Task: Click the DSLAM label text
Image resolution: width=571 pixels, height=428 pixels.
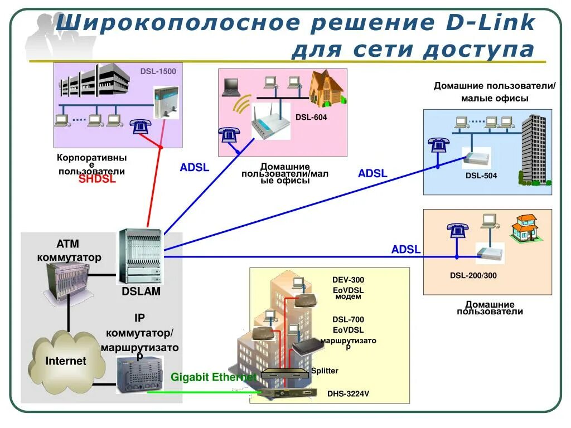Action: [141, 291]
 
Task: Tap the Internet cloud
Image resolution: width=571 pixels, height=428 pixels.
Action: [66, 361]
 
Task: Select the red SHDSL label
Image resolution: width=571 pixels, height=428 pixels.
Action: [97, 179]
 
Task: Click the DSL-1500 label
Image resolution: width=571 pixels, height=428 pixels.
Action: [158, 71]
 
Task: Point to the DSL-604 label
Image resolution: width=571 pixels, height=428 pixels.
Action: [311, 118]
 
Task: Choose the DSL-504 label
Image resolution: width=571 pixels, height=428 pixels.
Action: [481, 176]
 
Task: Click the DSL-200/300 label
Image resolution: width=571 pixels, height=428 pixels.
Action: [473, 276]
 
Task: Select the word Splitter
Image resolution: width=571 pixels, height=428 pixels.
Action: [325, 371]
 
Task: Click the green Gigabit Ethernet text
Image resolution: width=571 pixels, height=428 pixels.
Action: [214, 377]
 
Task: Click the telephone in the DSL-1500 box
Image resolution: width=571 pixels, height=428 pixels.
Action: [140, 127]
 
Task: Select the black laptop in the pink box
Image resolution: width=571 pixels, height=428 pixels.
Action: [231, 86]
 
